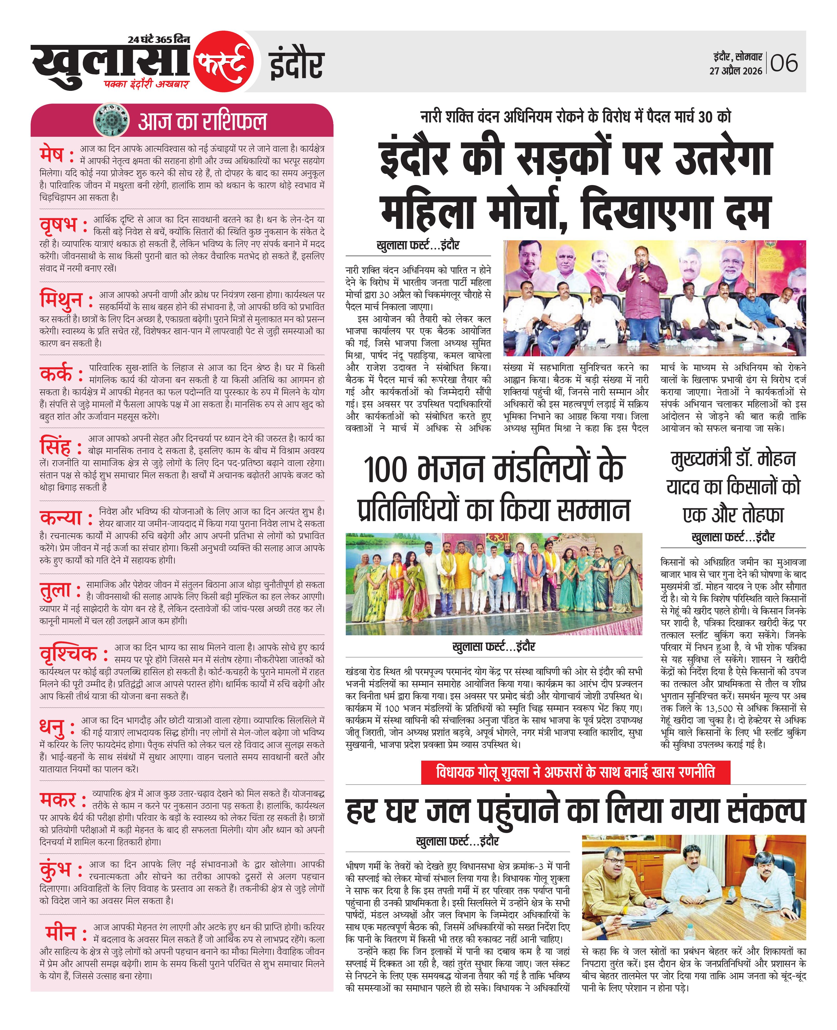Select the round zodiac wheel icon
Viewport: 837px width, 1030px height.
[112, 120]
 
